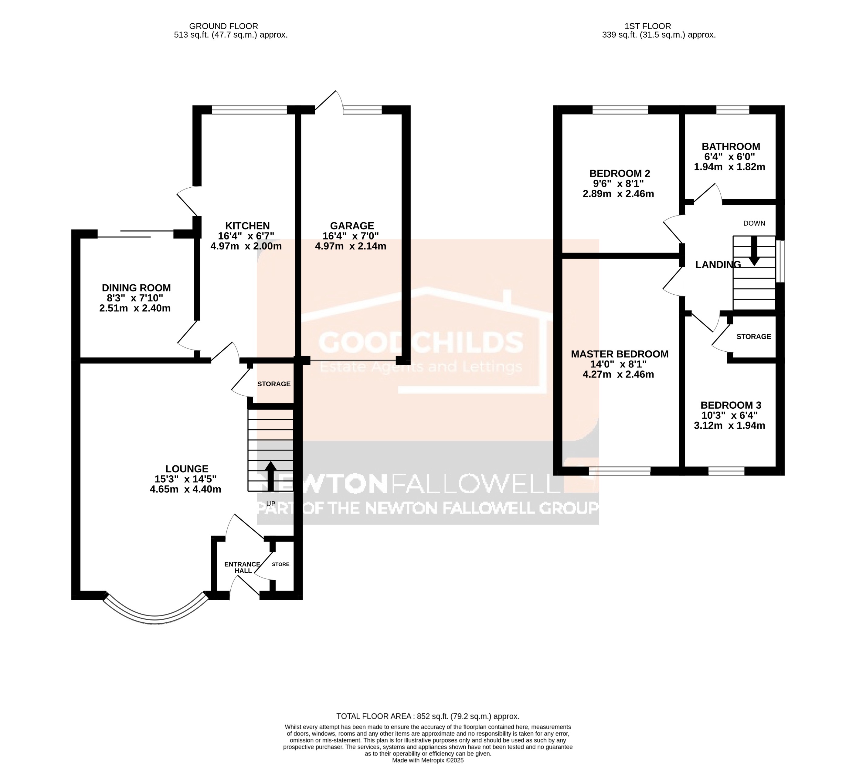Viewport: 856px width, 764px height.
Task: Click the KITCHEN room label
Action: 247,226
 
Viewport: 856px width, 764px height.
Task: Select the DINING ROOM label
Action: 136,288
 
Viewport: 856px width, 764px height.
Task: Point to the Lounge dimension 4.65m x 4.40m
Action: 185,489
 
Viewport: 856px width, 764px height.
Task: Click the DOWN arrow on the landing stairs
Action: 754,251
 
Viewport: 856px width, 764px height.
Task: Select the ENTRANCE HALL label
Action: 243,567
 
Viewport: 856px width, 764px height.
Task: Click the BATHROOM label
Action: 731,146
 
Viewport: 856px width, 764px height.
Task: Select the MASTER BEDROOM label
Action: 620,354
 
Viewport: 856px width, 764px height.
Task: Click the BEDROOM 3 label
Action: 731,405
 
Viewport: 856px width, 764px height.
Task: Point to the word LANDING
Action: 718,264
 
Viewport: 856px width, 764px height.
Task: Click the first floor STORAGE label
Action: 753,336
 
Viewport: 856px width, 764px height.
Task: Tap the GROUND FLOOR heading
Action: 223,26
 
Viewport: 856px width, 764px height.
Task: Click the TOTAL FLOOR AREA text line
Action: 428,716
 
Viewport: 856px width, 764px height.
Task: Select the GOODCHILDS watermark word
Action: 420,342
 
